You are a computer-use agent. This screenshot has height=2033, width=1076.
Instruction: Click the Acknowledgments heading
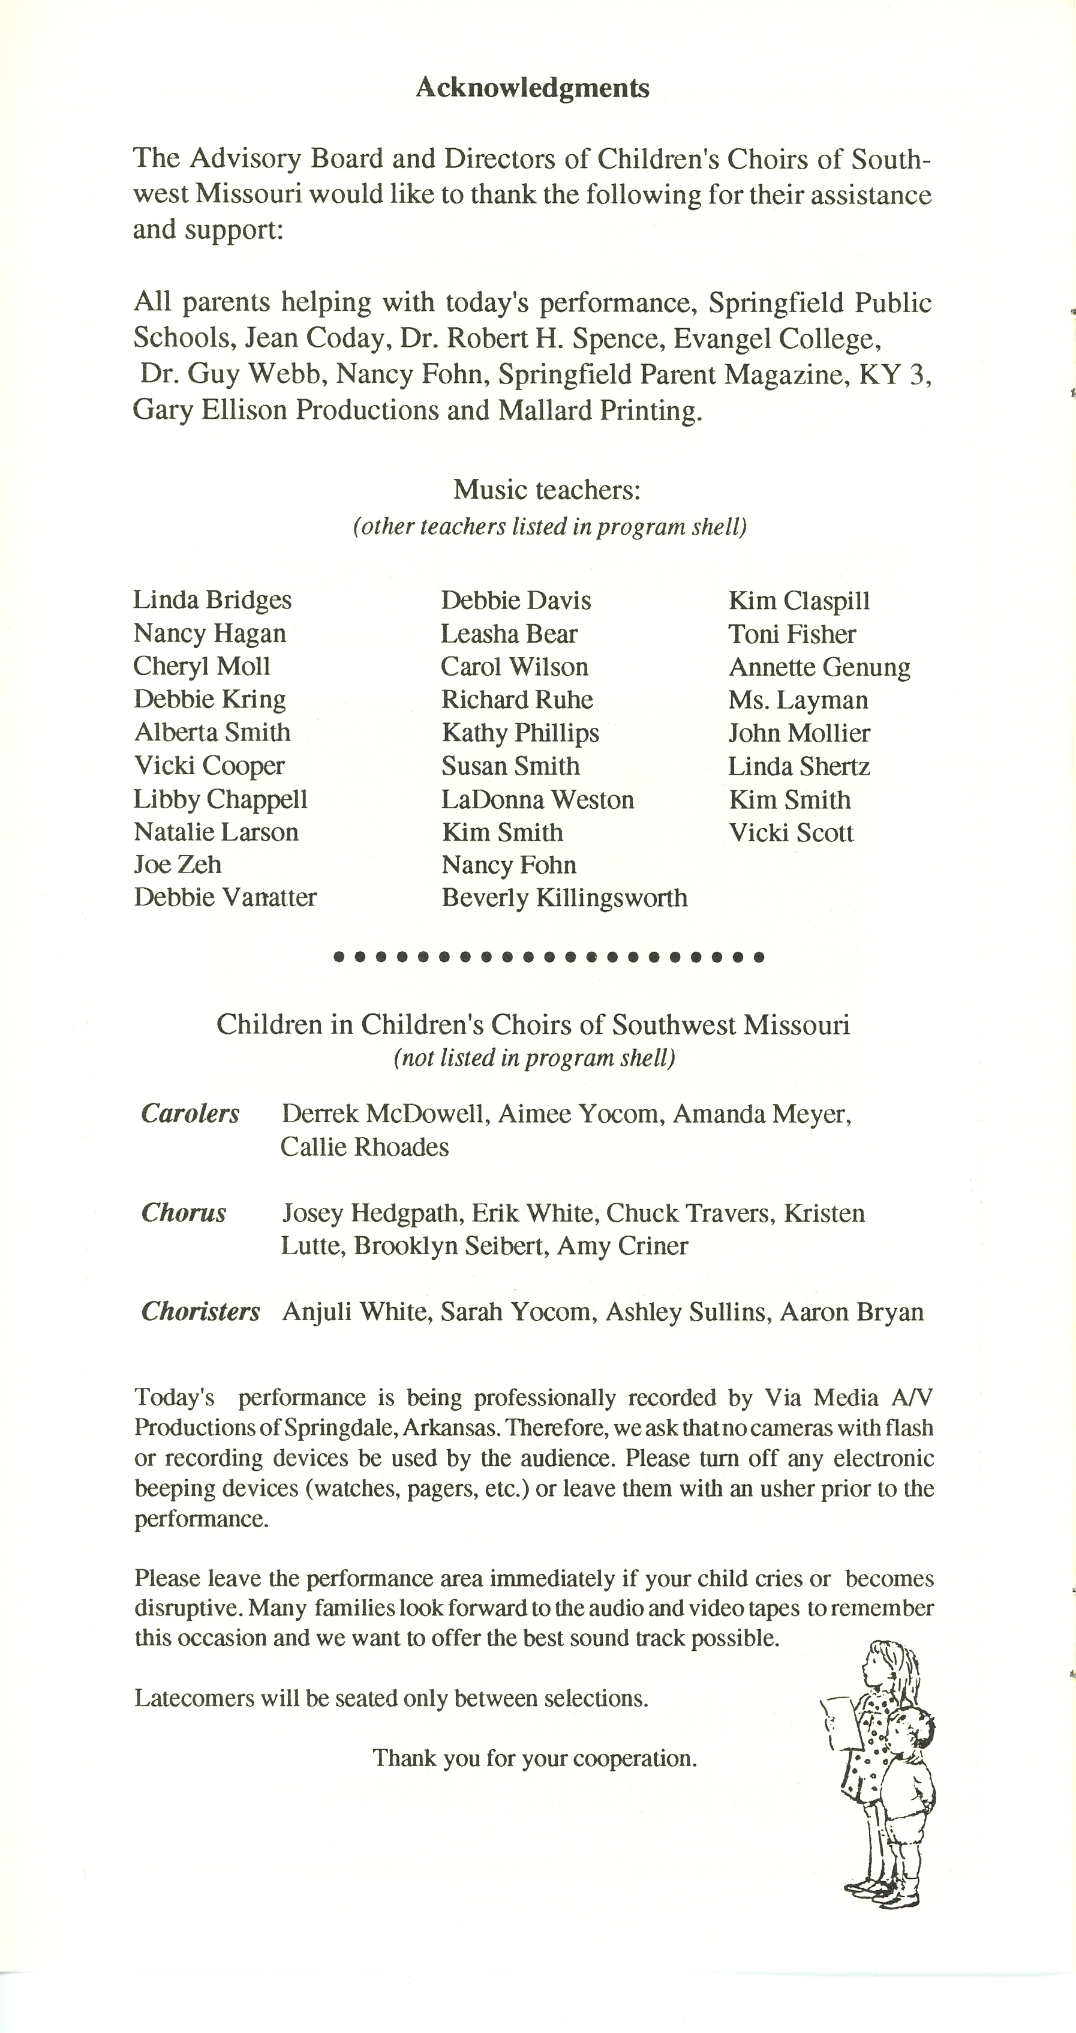point(533,88)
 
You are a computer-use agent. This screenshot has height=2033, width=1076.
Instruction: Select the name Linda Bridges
point(212,600)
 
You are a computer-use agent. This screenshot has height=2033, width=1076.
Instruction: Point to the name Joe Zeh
point(178,864)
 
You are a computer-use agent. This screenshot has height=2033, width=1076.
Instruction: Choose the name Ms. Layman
point(798,700)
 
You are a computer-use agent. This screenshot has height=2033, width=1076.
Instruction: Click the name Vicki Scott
point(791,833)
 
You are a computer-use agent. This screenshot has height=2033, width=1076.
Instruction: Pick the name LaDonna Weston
point(537,799)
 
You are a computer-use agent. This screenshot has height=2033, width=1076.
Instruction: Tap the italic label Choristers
point(200,1312)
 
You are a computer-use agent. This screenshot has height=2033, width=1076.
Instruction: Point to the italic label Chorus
point(184,1213)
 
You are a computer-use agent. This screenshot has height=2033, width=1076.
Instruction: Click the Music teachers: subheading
point(546,490)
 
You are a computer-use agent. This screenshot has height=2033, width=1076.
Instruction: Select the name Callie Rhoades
point(365,1147)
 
